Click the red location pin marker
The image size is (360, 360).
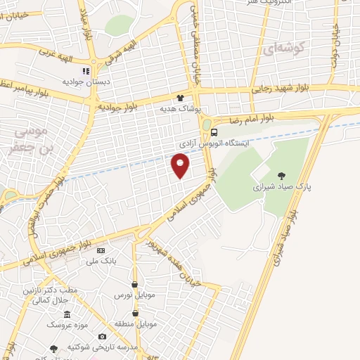[x=181, y=166]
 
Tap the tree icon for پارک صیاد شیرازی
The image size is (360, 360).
[x=282, y=176]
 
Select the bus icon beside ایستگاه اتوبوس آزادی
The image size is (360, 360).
[x=214, y=131]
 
